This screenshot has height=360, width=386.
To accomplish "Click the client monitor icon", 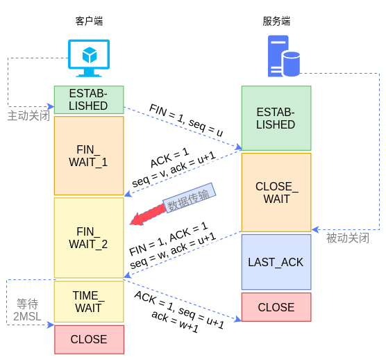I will click(x=89, y=58).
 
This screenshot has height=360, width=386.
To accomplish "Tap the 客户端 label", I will click(x=89, y=22).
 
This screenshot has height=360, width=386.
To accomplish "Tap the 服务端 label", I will click(x=276, y=22).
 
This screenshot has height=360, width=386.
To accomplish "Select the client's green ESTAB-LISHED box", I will click(x=89, y=100).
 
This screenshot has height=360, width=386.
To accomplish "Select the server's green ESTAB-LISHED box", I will click(x=276, y=118).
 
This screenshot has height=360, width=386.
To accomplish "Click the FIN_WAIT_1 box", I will click(x=89, y=156).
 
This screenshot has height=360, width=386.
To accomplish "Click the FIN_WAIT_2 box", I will click(x=89, y=238).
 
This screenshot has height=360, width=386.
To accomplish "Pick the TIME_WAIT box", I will click(x=89, y=302).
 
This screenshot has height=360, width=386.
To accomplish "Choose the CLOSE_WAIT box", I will click(x=276, y=193).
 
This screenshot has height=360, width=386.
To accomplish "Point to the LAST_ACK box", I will click(x=276, y=262).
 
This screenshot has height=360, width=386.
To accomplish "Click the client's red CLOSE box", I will click(x=89, y=340).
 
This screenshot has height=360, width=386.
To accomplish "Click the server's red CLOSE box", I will click(x=276, y=307).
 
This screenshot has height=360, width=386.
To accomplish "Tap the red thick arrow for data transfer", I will click(x=146, y=216).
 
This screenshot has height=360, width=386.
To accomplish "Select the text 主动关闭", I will click(x=28, y=115).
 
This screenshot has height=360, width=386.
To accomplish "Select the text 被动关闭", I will click(x=348, y=238).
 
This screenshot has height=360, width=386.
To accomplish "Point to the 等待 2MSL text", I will click(x=27, y=310).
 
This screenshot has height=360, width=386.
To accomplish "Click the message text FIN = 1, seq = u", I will click(x=186, y=120).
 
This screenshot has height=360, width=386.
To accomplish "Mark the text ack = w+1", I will click(x=175, y=321).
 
